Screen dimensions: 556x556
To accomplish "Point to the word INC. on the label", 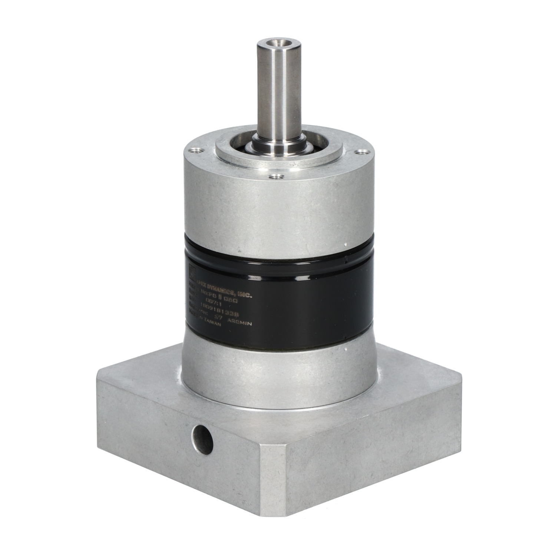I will (x=245, y=295).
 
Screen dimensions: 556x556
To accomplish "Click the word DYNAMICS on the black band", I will (x=221, y=290).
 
